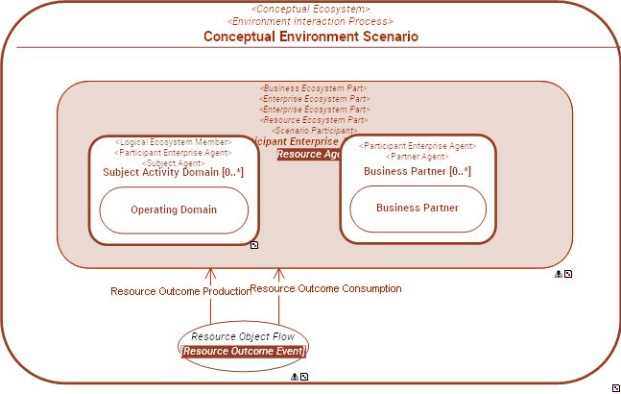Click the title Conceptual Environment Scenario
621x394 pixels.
[310, 37]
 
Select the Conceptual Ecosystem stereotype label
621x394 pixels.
[310, 9]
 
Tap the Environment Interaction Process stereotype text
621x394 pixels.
[310, 21]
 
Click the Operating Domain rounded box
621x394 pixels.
[174, 209]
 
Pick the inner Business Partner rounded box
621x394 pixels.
[418, 208]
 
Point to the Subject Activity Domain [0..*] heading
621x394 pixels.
[173, 173]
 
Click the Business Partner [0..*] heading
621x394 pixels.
[418, 171]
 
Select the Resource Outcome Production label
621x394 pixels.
[179, 291]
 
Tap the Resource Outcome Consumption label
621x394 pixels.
[325, 288]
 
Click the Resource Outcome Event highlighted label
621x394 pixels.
[244, 352]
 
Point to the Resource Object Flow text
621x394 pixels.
[243, 336]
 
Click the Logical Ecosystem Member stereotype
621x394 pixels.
[173, 142]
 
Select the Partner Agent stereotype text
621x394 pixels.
[418, 157]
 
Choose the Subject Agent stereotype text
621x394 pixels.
[173, 162]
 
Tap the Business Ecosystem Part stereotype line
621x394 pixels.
[314, 88]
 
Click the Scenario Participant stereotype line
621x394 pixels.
[314, 131]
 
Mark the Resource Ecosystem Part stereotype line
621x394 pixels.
[314, 120]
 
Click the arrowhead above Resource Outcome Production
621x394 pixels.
[210, 275]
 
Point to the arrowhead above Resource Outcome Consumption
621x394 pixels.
[279, 274]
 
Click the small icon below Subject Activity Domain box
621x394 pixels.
[254, 246]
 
